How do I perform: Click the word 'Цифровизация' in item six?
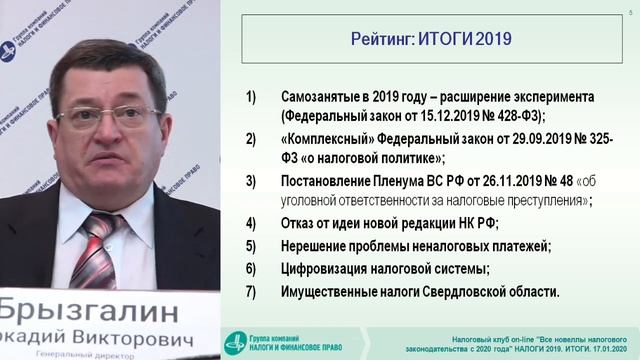(318, 269)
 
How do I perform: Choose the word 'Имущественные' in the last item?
(322, 292)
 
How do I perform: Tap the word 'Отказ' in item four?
(298, 222)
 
